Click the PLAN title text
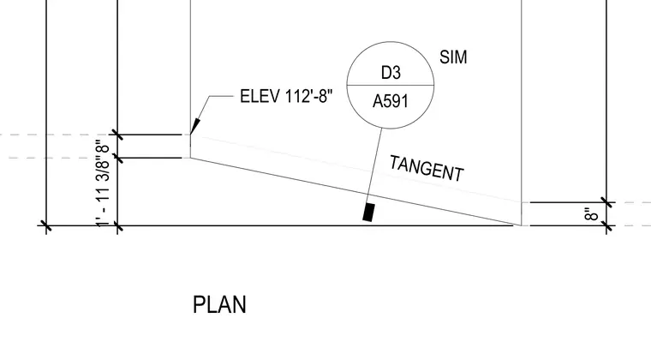coord(219,305)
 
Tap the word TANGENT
coord(427,168)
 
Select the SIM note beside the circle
coord(453,57)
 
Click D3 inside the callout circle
coord(391,73)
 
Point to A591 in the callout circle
coord(391,101)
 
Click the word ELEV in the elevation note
coord(260,96)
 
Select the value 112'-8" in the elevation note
coord(309,96)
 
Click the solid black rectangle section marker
coord(368,213)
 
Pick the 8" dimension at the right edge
coord(592,214)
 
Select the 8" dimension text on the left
coord(104,147)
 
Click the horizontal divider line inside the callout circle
coord(391,85)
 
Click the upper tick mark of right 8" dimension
coord(606,202)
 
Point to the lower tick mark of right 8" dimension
coord(606,226)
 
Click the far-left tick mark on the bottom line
coord(46,226)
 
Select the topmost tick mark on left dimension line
coord(118,135)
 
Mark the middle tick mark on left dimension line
coord(118,159)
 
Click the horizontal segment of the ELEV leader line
coord(221,96)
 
